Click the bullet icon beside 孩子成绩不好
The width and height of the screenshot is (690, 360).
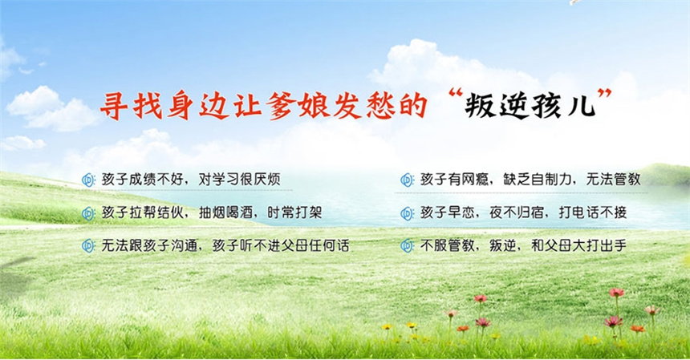pos(89,180)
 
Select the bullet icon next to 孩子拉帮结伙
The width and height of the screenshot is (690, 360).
pos(89,213)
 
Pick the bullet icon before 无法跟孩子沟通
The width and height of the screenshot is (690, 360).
pos(89,246)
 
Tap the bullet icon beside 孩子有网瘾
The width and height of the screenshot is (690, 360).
pos(408,180)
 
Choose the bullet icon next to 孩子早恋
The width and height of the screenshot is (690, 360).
pos(408,213)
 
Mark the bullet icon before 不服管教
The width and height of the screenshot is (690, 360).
pos(408,246)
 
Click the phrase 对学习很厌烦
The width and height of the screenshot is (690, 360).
pos(239,180)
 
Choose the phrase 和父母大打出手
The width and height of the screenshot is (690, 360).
pos(578,246)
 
